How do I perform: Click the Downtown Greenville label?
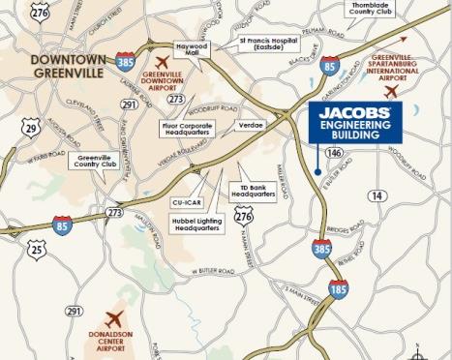click(x=69, y=66)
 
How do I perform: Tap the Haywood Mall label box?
click(x=192, y=48)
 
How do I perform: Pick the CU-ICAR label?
click(x=182, y=202)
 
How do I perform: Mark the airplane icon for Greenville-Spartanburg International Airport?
click(x=391, y=91)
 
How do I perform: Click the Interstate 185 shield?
click(x=338, y=288)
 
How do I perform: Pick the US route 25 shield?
click(x=37, y=249)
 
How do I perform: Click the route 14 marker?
click(x=377, y=195)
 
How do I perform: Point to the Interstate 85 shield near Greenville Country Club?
click(x=63, y=225)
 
